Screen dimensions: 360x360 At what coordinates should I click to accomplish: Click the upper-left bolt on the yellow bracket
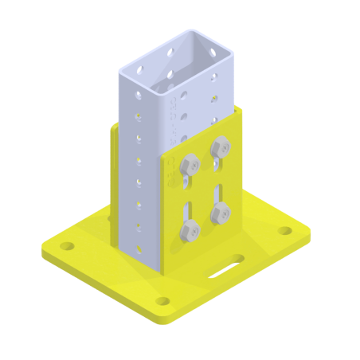pos(190,166)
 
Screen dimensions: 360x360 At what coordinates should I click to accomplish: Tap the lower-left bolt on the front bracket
pos(190,231)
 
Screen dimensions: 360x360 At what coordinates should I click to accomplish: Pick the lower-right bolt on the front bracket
pos(220,213)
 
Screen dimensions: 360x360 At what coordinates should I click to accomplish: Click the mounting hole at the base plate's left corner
pos(67,245)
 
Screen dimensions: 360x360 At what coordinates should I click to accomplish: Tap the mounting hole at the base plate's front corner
pos(162,301)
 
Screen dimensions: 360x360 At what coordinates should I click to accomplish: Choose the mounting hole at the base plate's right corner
pos(284,231)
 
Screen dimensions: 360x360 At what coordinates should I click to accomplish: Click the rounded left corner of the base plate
pos(45,248)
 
